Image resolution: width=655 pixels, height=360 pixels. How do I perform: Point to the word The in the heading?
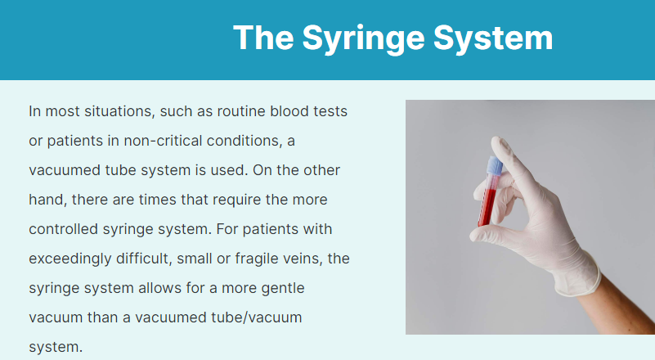tap(262, 38)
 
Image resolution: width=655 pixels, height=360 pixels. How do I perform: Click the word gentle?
tap(285, 289)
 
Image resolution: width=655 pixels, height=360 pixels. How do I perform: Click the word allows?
tap(155, 289)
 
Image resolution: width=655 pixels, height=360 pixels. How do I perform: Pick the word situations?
tap(118, 110)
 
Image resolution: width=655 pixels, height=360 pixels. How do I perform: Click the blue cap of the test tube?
tap(496, 165)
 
